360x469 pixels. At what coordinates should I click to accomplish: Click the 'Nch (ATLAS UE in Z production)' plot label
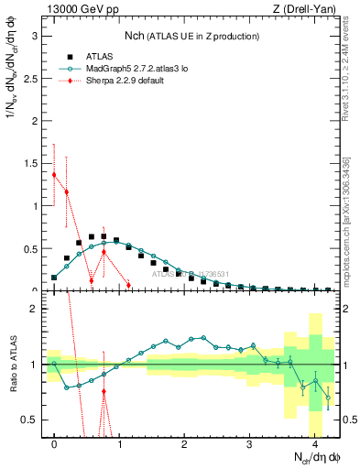(192, 36)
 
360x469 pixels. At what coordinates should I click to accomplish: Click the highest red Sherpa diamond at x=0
(54, 175)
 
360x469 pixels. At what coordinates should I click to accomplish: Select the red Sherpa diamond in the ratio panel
(104, 391)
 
